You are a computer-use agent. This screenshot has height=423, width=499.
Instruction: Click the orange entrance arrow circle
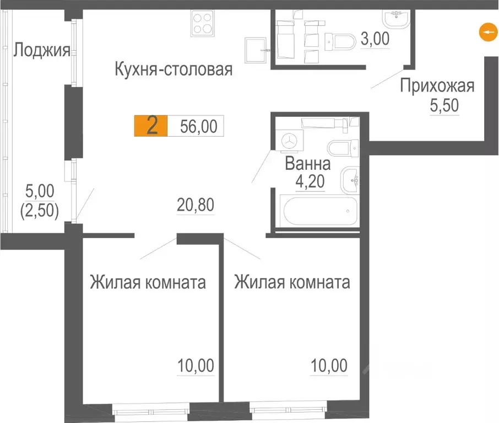486,33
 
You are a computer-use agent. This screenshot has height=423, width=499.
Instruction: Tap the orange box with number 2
151,126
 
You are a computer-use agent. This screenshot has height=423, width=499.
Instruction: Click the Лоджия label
42,51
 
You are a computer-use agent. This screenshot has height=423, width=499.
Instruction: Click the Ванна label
307,164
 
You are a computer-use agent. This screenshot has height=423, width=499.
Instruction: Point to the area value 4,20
311,181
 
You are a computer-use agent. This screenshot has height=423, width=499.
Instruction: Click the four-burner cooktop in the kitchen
202,23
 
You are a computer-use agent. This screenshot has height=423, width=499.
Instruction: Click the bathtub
316,210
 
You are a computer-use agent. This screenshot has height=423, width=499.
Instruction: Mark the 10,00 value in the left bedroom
195,365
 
